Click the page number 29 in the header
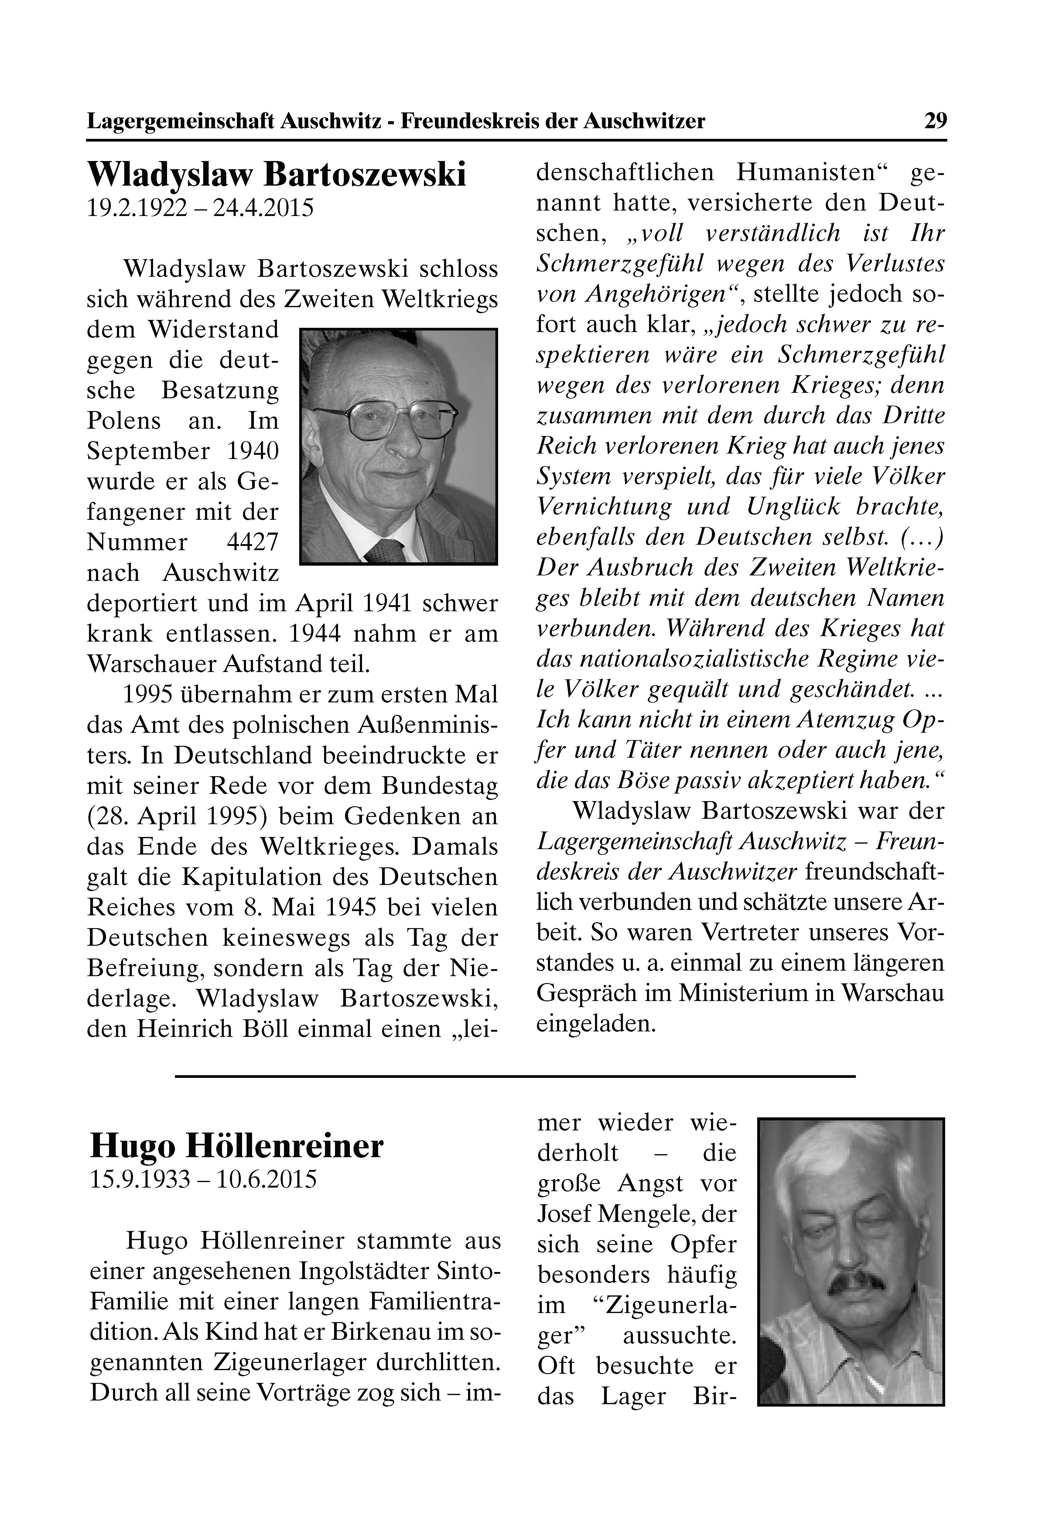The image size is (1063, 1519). click(935, 121)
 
